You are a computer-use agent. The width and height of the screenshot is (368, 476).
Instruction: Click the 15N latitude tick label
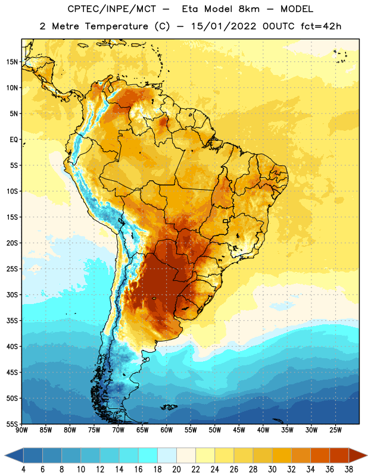click(x=12, y=62)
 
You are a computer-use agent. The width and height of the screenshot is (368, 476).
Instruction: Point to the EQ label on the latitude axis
click(x=14, y=140)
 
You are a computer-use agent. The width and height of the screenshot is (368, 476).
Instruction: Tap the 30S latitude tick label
click(x=12, y=295)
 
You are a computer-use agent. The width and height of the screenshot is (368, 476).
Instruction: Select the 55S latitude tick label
click(x=12, y=424)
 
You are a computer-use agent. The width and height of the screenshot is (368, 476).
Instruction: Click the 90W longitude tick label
click(x=21, y=430)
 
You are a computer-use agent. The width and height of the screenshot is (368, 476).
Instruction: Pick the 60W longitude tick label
click(x=167, y=430)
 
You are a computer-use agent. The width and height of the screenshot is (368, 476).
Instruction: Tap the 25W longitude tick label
click(x=335, y=430)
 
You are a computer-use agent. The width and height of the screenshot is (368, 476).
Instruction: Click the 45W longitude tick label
click(x=239, y=430)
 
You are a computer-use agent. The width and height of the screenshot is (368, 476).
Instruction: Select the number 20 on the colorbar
click(x=176, y=469)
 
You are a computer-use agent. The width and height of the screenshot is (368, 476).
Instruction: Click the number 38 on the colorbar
click(x=349, y=469)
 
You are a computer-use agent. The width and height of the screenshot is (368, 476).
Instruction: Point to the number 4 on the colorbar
click(x=23, y=469)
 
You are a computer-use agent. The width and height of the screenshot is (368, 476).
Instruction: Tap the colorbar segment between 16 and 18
click(x=148, y=455)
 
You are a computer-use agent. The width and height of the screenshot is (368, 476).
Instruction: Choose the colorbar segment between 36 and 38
click(x=339, y=455)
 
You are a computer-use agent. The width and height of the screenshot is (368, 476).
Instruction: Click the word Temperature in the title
click(x=116, y=26)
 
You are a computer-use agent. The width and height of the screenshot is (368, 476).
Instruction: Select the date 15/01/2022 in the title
click(x=224, y=26)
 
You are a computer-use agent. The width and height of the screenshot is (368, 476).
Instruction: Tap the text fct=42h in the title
click(x=321, y=26)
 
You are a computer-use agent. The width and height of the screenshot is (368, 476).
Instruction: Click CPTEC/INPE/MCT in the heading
click(x=112, y=9)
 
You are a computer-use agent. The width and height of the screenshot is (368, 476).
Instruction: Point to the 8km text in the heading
click(x=249, y=9)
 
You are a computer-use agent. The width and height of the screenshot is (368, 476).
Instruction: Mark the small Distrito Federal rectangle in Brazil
click(x=226, y=221)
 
